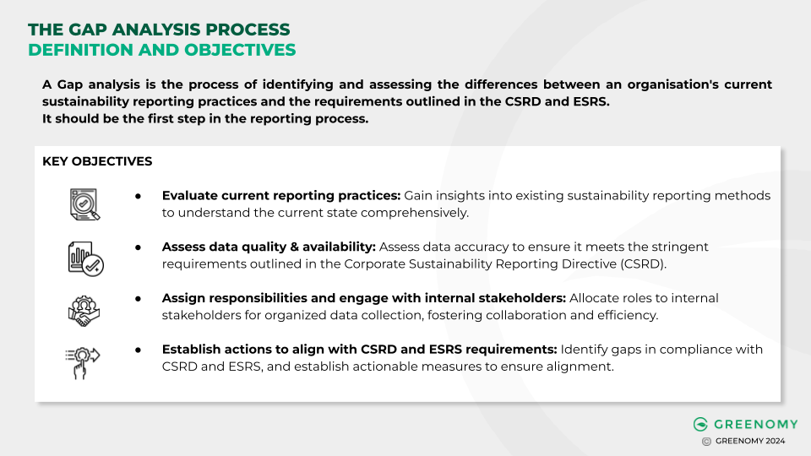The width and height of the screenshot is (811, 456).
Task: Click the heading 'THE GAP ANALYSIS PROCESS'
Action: pyautogui.click(x=159, y=30)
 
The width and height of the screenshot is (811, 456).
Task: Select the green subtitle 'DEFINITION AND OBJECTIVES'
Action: pyautogui.click(x=162, y=50)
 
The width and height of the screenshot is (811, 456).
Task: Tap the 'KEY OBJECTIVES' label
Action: pyautogui.click(x=97, y=161)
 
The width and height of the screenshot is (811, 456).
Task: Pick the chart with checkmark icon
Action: pyautogui.click(x=84, y=256)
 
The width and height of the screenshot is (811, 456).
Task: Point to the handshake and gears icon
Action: pyautogui.click(x=84, y=307)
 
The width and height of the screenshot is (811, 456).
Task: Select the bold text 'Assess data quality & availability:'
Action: pyautogui.click(x=269, y=247)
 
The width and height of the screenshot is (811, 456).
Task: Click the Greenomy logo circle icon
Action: pyautogui.click(x=700, y=424)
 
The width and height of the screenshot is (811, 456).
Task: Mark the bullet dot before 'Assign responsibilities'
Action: pyautogui.click(x=138, y=298)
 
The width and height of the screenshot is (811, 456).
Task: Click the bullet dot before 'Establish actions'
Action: pyautogui.click(x=138, y=350)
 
